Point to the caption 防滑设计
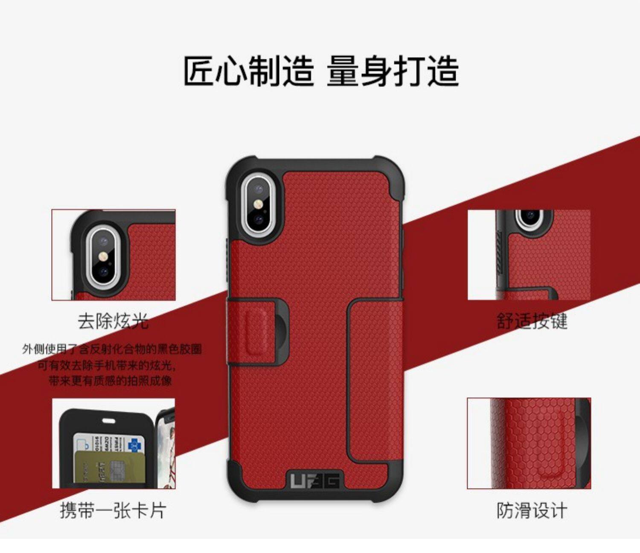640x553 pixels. point(532,510)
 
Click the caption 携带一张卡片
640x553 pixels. point(113,510)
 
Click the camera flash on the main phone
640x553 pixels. point(259,204)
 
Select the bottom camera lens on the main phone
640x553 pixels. point(259,220)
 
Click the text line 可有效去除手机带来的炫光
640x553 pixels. point(106,365)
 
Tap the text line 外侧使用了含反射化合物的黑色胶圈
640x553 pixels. point(112,349)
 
